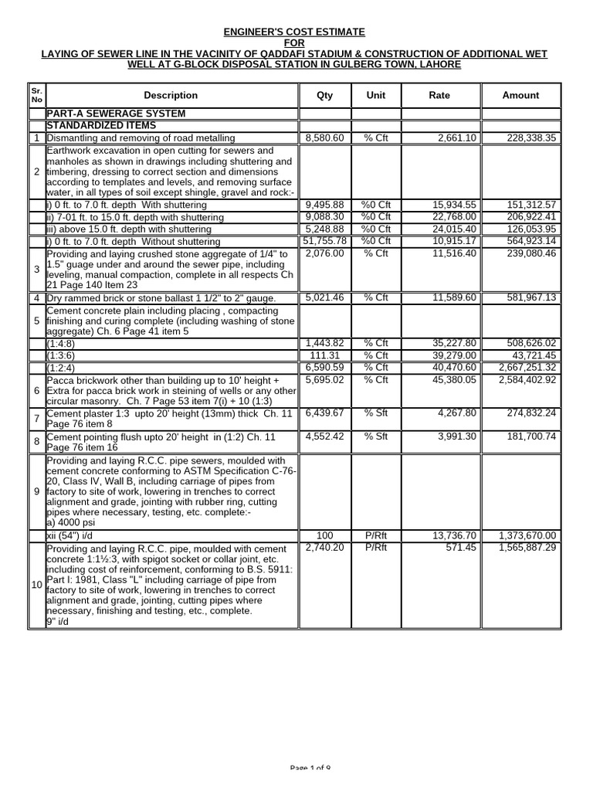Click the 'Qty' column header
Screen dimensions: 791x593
click(325, 95)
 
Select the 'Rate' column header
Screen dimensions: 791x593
click(439, 95)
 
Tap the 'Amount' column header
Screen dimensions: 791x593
click(520, 95)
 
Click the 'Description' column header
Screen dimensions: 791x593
click(171, 95)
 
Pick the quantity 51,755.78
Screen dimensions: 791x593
click(324, 242)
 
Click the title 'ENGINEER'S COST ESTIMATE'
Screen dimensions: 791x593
click(295, 32)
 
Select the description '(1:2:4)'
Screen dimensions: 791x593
click(63, 368)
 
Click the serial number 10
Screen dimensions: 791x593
click(36, 585)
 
